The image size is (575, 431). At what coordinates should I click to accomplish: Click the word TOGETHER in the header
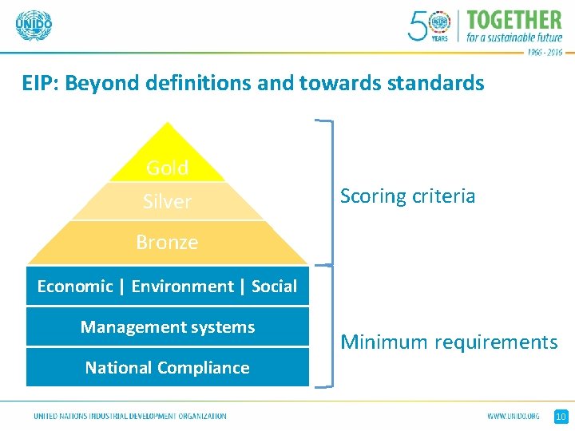point(514,19)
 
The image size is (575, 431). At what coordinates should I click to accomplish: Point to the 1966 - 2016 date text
point(544,51)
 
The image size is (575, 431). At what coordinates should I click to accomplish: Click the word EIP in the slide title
point(38,83)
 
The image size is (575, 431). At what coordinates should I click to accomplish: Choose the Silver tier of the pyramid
point(167,201)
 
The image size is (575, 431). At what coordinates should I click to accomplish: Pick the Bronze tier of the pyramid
point(167,242)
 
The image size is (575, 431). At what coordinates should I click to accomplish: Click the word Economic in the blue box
point(74,286)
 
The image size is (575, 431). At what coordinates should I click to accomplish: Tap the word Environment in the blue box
point(182,286)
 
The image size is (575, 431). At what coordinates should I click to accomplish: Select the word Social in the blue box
point(274,286)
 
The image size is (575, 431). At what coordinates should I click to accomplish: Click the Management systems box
point(168,326)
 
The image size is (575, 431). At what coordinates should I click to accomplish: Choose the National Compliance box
point(168,367)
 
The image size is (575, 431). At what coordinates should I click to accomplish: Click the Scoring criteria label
point(407,196)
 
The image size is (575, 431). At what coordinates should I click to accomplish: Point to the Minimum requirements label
point(449,342)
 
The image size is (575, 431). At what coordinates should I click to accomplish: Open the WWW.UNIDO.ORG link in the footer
point(514,416)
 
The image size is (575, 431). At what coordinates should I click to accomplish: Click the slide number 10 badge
point(561,416)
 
